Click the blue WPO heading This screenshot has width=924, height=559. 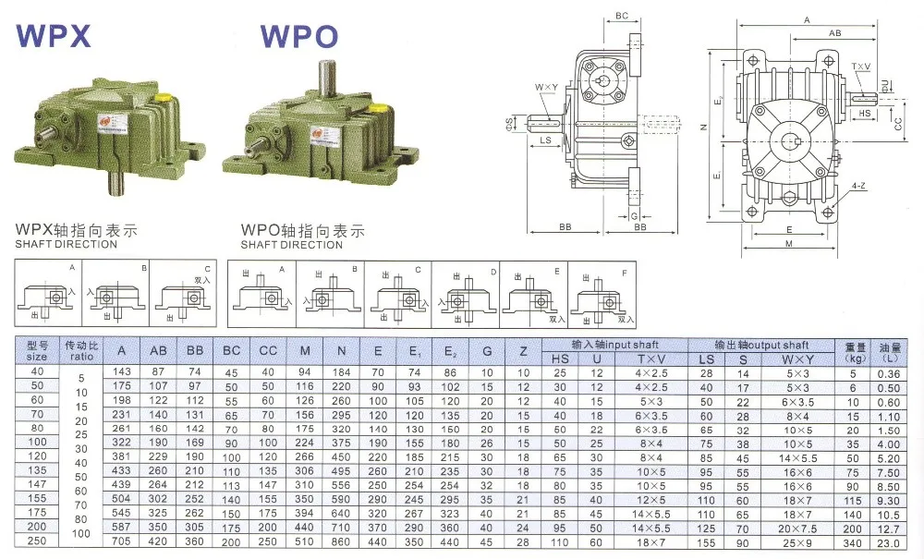tap(298, 35)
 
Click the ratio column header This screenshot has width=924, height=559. tap(80, 349)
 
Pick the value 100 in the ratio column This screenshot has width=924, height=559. tap(80, 533)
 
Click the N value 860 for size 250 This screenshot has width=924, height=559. tap(341, 542)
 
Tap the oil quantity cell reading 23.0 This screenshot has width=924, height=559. tap(890, 542)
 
